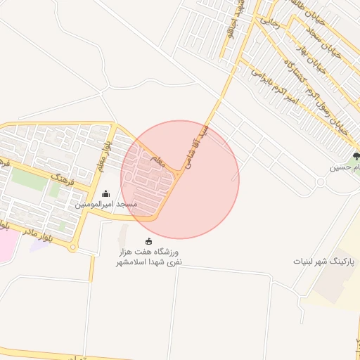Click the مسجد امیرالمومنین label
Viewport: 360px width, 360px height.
(x=106, y=204)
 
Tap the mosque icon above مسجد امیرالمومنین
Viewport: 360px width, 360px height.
(x=106, y=193)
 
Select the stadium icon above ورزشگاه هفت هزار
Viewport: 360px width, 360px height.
(x=148, y=241)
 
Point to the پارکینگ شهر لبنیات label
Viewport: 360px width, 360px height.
(x=325, y=260)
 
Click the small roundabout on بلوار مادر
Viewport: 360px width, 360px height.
(x=72, y=247)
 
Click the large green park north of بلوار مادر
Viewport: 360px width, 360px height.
(x=28, y=179)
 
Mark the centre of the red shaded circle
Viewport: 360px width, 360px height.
(x=180, y=180)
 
